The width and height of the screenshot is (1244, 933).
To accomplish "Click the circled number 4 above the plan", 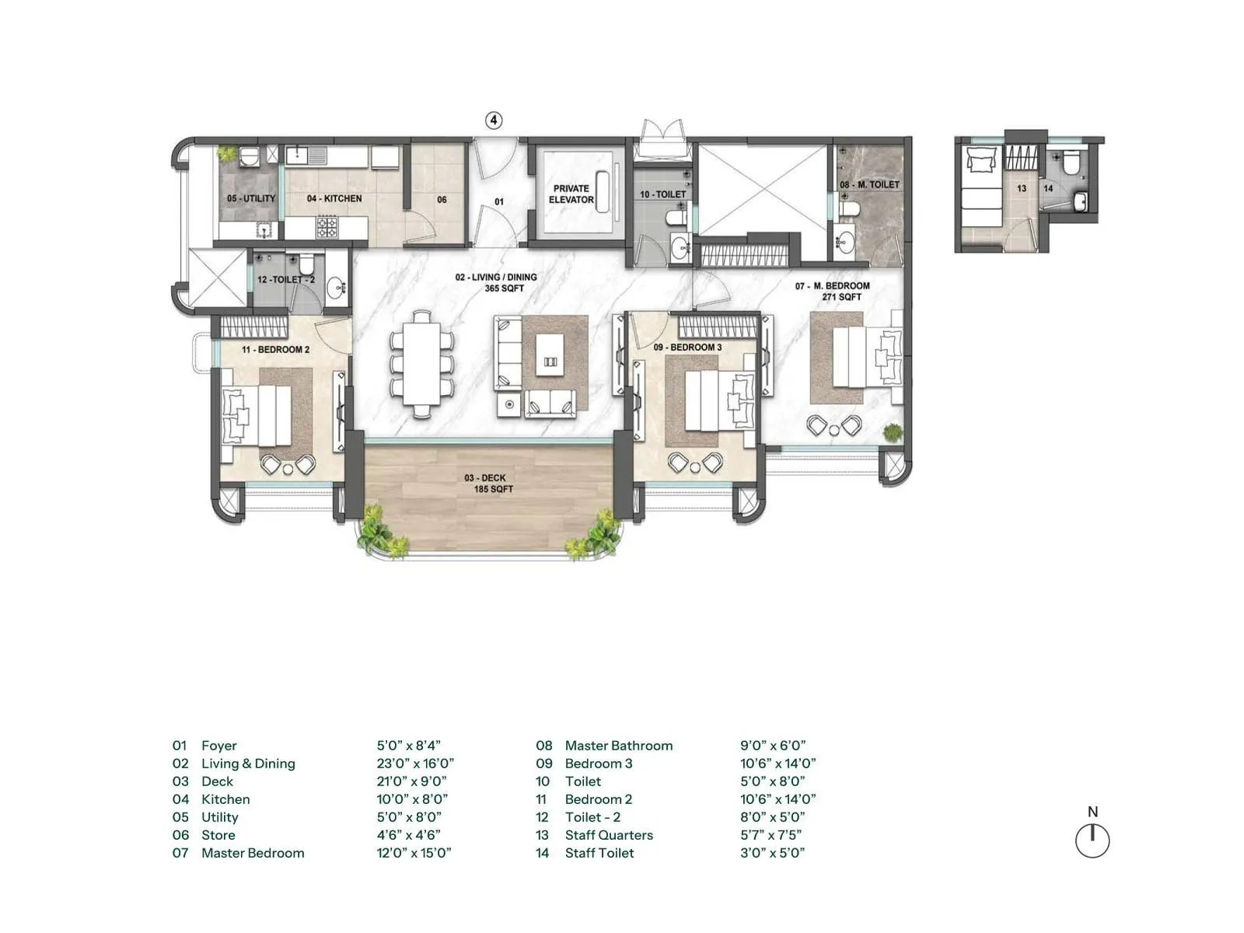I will click(x=494, y=120).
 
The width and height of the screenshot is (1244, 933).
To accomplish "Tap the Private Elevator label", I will click(x=571, y=194).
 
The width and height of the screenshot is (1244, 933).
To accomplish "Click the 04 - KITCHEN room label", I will click(x=334, y=198).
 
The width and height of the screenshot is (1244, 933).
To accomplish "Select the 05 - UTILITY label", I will click(x=251, y=198).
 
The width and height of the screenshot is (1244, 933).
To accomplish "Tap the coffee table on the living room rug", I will click(x=551, y=362).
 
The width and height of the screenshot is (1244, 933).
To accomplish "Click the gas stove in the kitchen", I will click(x=327, y=228).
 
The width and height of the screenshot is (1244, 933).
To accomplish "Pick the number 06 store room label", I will click(x=442, y=200).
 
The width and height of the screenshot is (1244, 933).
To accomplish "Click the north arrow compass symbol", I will click(x=1092, y=840).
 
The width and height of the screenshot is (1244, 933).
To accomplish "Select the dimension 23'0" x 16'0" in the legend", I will click(x=415, y=764).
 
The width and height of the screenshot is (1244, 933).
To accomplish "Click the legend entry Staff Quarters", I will click(x=608, y=835).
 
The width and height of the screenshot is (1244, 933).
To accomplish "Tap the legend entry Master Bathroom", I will click(x=618, y=746).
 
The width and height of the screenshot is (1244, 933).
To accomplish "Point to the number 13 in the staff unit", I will click(x=1022, y=189).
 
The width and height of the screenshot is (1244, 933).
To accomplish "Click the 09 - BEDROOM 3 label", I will click(x=687, y=347).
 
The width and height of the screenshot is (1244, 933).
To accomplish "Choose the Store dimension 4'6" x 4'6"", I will click(x=408, y=835).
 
